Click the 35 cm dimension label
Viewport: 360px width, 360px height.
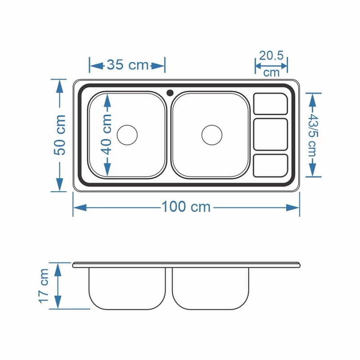click(x=128, y=64)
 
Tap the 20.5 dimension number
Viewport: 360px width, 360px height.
click(x=271, y=55)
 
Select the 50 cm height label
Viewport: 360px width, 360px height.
click(x=60, y=135)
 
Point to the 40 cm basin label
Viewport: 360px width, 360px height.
click(x=107, y=135)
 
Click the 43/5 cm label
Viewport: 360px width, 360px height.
click(x=312, y=135)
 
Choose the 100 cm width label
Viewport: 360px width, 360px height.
click(x=186, y=207)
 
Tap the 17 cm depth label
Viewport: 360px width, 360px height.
click(x=44, y=286)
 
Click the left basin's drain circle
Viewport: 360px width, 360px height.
click(x=127, y=135)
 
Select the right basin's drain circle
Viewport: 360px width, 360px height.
click(x=212, y=135)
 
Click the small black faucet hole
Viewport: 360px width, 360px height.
click(x=170, y=93)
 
